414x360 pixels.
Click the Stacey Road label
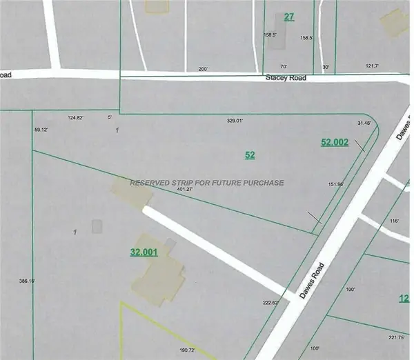(286, 79)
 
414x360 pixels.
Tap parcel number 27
(289, 17)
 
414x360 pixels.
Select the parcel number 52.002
(335, 142)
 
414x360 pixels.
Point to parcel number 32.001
(144, 252)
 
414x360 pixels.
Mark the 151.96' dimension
(336, 184)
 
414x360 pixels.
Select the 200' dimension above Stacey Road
(202, 69)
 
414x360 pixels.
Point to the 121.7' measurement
(372, 67)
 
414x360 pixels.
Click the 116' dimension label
(395, 220)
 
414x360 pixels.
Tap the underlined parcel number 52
(250, 155)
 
